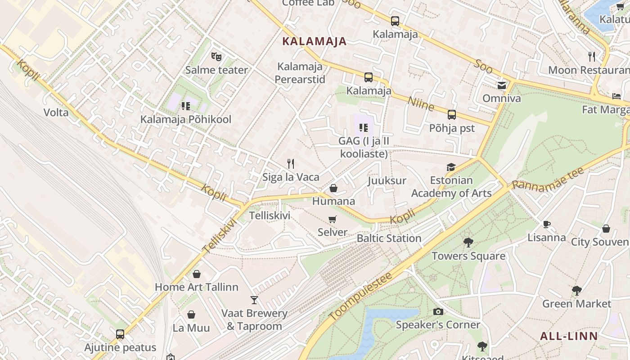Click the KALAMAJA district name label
tap(314, 41)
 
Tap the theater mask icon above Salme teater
tap(216, 57)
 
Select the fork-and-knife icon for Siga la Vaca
tap(291, 164)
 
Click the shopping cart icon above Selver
tap(333, 219)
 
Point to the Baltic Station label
tap(389, 238)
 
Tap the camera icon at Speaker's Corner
tap(438, 311)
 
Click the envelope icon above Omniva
tap(501, 85)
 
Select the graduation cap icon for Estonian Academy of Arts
tap(451, 167)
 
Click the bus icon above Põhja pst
tap(452, 115)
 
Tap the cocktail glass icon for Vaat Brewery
tap(254, 300)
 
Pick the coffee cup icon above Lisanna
tap(547, 224)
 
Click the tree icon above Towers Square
tap(468, 243)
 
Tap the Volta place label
tap(56, 112)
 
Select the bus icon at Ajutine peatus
tap(120, 334)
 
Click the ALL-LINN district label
tap(569, 336)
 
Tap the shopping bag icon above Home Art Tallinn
tap(197, 274)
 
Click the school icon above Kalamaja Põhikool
tap(186, 106)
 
